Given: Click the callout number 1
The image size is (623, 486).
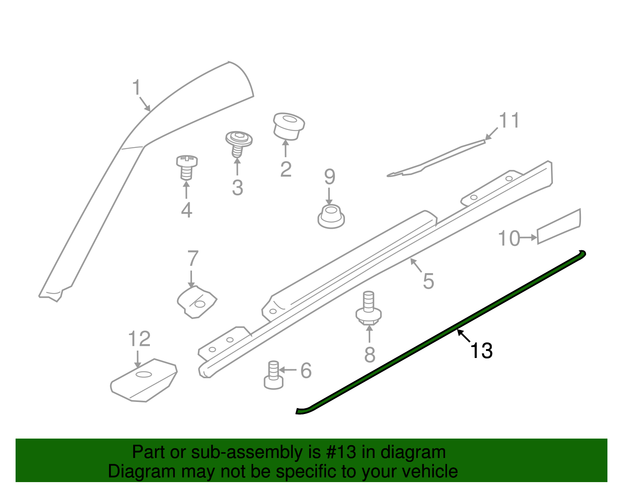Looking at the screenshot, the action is [136, 87].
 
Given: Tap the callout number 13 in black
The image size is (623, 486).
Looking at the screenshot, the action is [481, 350].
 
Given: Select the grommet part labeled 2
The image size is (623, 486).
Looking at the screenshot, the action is [289, 126].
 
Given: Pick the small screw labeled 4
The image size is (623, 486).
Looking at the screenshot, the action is [187, 168].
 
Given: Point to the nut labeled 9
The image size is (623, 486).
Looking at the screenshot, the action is [331, 217].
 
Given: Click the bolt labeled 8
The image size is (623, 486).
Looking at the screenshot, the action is [368, 308].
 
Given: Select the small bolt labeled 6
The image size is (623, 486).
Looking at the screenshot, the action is [273, 375].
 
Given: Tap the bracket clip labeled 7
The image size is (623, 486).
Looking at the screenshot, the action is [197, 302].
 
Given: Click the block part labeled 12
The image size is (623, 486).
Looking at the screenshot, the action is [144, 381].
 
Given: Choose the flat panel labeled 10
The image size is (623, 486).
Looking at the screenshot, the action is [559, 226].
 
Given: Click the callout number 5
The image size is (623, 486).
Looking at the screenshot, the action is [428, 281].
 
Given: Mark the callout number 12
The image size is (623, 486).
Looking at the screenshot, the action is [139, 339].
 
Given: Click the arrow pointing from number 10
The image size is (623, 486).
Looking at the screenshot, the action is [528, 237].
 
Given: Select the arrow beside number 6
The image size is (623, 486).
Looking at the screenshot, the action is [288, 370].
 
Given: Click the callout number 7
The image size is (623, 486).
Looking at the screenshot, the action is [193, 258].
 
